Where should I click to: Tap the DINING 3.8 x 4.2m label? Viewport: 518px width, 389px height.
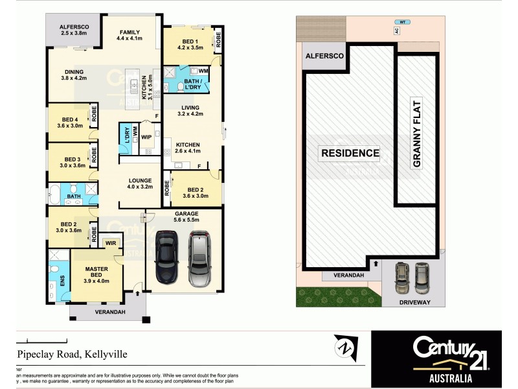(74, 75)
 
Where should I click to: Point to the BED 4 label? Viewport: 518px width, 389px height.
(70, 122)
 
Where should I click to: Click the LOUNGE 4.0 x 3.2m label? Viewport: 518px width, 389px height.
(140, 184)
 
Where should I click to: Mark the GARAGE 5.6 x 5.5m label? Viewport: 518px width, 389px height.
(186, 217)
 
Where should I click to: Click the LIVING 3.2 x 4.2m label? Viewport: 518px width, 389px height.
(190, 111)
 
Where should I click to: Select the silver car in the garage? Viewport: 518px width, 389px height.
(199, 257)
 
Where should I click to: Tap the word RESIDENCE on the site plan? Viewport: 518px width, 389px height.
(349, 153)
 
